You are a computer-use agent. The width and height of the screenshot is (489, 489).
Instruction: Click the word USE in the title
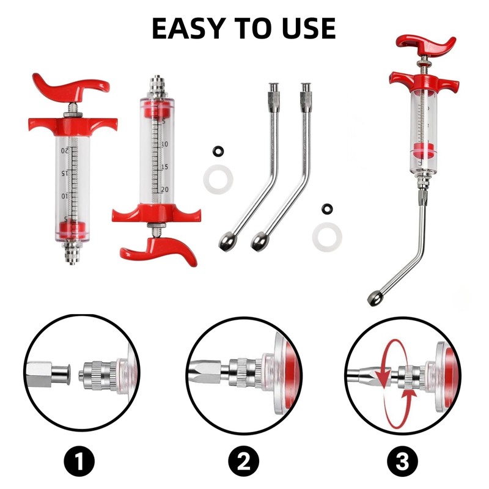coord(309,28)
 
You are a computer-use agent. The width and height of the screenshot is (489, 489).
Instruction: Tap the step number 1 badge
coord(79,461)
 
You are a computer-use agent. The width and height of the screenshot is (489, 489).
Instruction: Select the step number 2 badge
coord(243,461)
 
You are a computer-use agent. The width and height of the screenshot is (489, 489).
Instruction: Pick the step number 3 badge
coord(402,461)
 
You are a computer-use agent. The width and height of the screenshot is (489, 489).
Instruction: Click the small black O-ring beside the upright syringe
coord(218,151)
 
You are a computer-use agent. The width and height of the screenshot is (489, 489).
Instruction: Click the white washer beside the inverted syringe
coord(218,179)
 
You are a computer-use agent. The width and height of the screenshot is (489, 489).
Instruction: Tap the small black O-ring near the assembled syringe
coord(327,208)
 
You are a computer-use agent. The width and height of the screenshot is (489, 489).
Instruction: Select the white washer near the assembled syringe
coord(327,237)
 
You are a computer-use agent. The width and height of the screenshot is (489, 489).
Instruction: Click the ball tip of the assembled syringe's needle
coord(374,298)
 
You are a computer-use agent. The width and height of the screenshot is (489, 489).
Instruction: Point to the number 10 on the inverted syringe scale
coord(164,144)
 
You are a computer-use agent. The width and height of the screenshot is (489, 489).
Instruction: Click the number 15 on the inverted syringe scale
coord(164,167)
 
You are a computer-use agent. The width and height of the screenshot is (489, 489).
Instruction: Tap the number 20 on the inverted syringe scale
coord(164,189)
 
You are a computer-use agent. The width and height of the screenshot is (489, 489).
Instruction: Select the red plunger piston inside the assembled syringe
coord(424,150)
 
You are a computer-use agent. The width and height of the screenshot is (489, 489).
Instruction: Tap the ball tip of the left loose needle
coord(227,241)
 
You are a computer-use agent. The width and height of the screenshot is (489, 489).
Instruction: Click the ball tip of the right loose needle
coord(260,241)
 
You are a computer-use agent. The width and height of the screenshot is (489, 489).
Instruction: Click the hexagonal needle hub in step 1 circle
coord(39,374)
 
